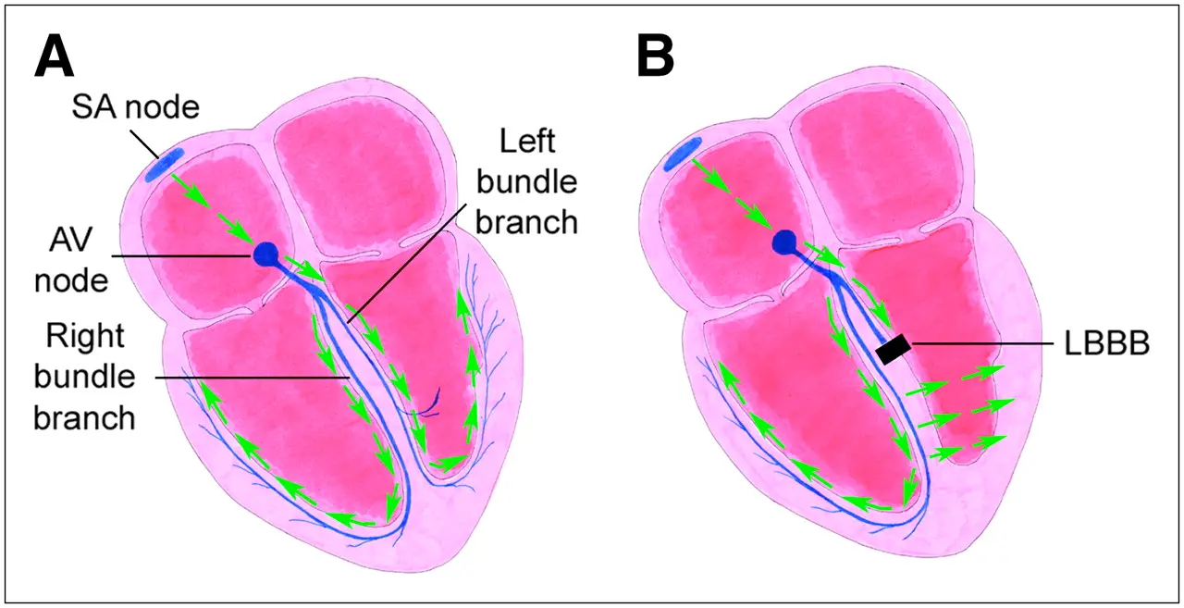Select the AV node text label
tap(70, 254)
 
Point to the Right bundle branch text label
tap(85, 378)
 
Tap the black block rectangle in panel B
tap(894, 349)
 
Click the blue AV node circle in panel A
tap(266, 253)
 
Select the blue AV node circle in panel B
tap(784, 242)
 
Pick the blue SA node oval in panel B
tap(681, 155)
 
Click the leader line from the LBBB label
tap(980, 344)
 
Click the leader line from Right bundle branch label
tap(250, 378)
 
